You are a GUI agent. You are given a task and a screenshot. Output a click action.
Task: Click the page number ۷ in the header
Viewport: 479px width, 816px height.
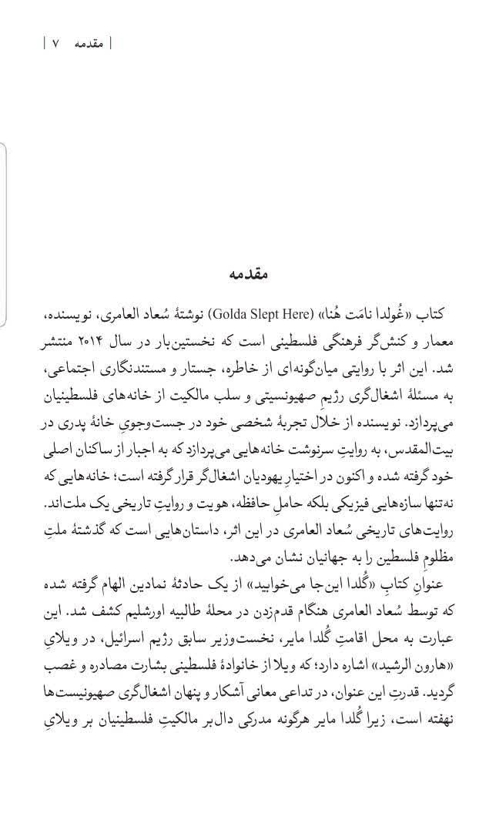coord(55,44)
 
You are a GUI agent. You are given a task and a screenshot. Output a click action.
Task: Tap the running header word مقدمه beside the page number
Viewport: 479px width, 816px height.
coord(89,44)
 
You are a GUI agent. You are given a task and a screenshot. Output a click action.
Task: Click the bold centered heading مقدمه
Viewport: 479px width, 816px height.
coord(250,274)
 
